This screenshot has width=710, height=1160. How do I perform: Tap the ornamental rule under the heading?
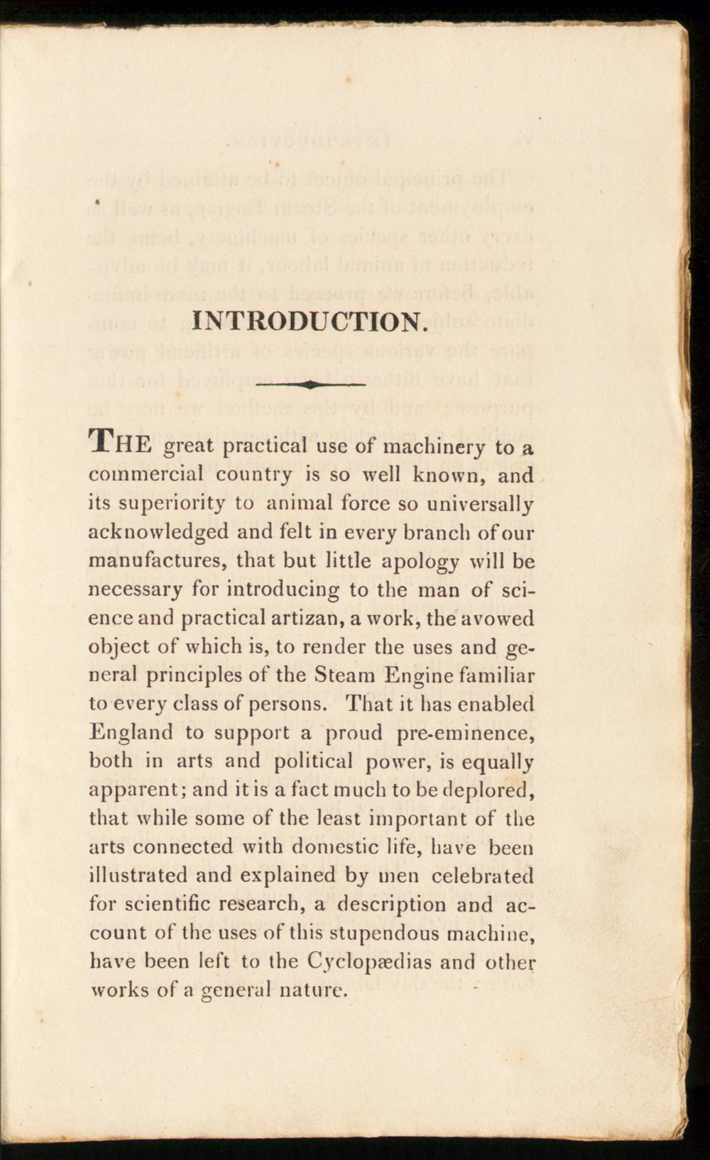click(310, 385)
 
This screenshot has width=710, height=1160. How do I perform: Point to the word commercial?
click(146, 474)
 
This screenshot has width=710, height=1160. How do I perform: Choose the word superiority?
click(172, 504)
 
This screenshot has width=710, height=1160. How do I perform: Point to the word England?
click(131, 732)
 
